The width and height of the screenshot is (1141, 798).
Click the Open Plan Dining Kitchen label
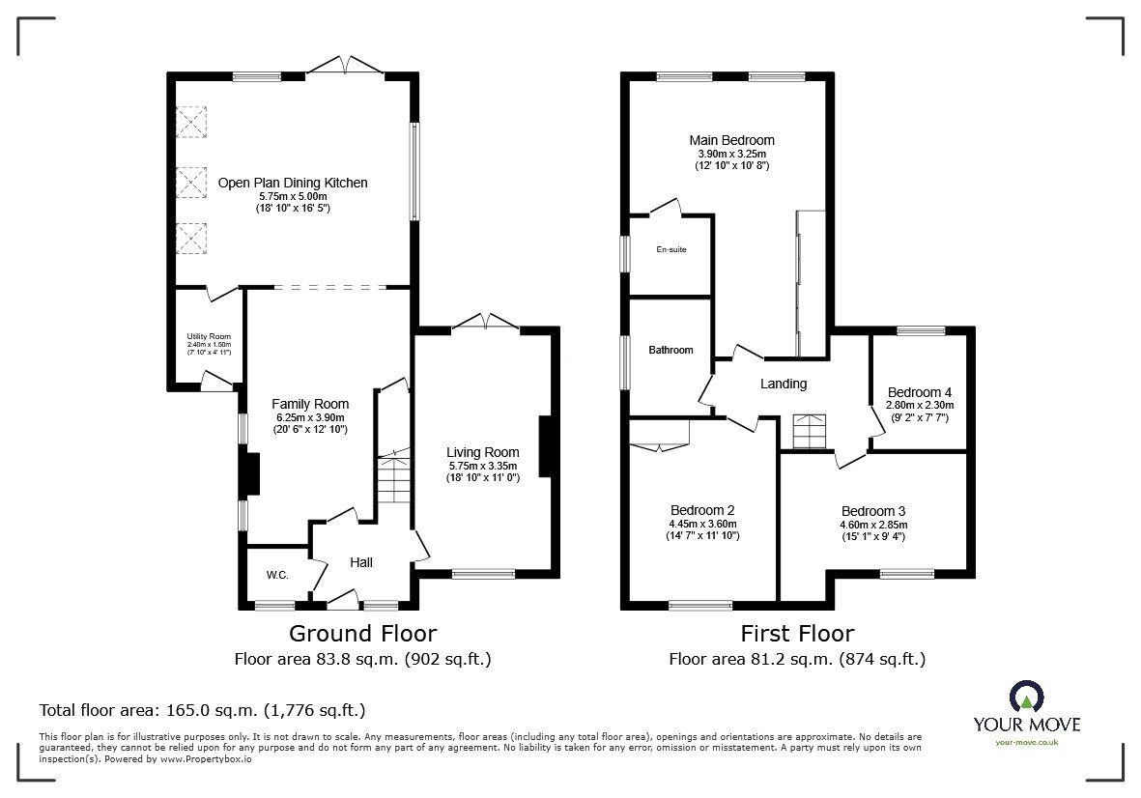[x=293, y=183]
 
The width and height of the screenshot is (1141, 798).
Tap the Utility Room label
[x=209, y=336]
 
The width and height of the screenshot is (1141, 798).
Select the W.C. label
[x=277, y=575]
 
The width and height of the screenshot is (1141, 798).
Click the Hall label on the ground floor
[x=360, y=562]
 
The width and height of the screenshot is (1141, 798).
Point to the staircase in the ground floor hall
[x=393, y=480]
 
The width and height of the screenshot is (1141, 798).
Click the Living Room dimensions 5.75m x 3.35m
[x=482, y=466]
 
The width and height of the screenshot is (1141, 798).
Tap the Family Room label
[x=309, y=404]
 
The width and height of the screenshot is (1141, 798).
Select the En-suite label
[x=670, y=250]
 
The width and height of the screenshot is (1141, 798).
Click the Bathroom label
[x=670, y=350]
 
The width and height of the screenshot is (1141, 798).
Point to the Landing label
[x=783, y=384]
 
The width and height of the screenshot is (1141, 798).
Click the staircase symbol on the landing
[x=810, y=431]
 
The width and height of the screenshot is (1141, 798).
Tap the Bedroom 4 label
[x=919, y=392]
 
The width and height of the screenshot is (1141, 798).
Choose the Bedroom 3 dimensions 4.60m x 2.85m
[x=872, y=525]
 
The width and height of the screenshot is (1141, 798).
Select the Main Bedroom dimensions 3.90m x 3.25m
[x=731, y=154]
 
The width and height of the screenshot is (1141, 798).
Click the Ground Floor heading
[x=363, y=634]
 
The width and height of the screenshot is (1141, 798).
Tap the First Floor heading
[x=797, y=634]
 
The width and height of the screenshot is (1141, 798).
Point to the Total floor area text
[x=202, y=710]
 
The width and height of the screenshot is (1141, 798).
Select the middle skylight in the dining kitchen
[x=191, y=181]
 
